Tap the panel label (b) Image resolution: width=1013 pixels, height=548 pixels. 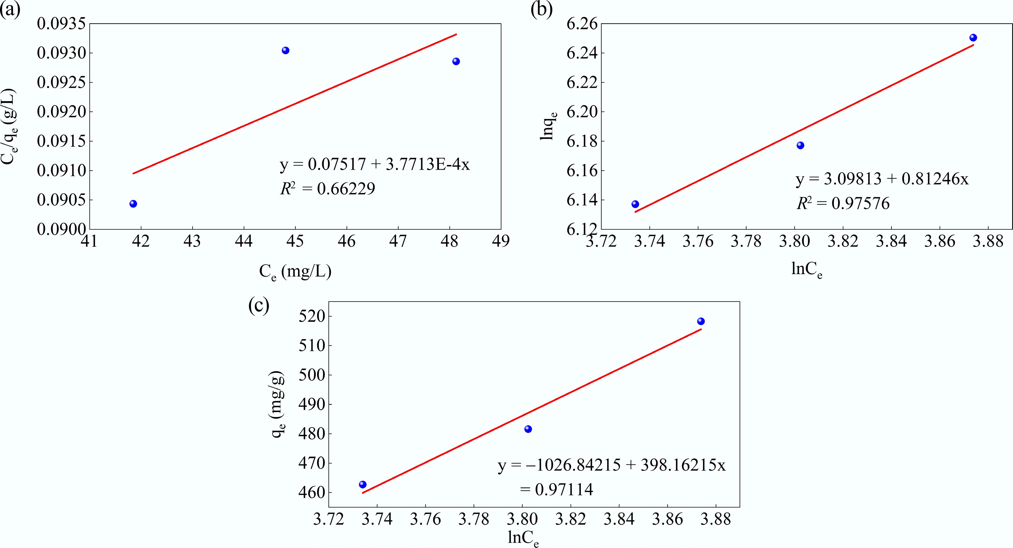tap(542, 10)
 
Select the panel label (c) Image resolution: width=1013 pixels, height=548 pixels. tap(259, 306)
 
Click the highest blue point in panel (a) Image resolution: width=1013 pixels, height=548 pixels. tap(286, 50)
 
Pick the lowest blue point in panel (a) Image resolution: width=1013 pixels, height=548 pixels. tap(133, 204)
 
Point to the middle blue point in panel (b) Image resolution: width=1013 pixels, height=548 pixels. tap(800, 146)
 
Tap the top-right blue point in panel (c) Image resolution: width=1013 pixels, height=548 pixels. tap(701, 321)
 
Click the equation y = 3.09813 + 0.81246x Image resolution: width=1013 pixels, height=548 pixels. tap(882, 179)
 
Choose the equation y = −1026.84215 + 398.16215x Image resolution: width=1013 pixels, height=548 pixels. tap(612, 465)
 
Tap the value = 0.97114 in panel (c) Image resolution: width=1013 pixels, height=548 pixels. tap(556, 489)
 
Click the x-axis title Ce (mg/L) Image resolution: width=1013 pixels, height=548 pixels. tap(295, 272)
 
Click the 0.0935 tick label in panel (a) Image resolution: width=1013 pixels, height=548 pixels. tap(61, 24)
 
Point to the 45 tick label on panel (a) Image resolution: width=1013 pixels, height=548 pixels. tap(295, 241)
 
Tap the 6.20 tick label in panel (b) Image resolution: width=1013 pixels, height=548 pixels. tap(582, 112)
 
